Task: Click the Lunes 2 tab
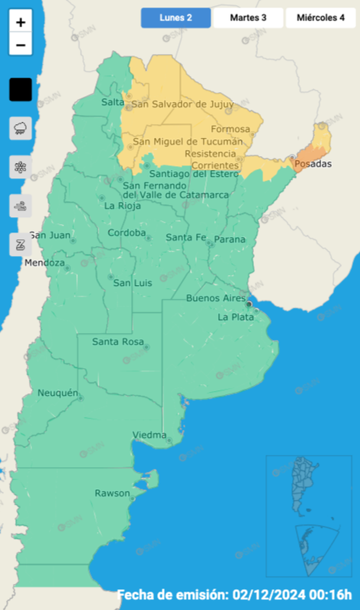[175, 18]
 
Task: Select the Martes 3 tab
[248, 18]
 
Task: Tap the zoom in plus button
[21, 23]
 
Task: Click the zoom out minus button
[21, 44]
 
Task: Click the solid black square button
[21, 90]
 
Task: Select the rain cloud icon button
[21, 128]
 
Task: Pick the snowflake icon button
[21, 167]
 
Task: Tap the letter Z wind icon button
[21, 244]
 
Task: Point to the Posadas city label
[313, 164]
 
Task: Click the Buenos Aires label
[215, 298]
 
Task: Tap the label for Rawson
[112, 493]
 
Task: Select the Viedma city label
[149, 435]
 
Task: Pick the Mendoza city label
[44, 263]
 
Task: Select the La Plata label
[235, 317]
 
